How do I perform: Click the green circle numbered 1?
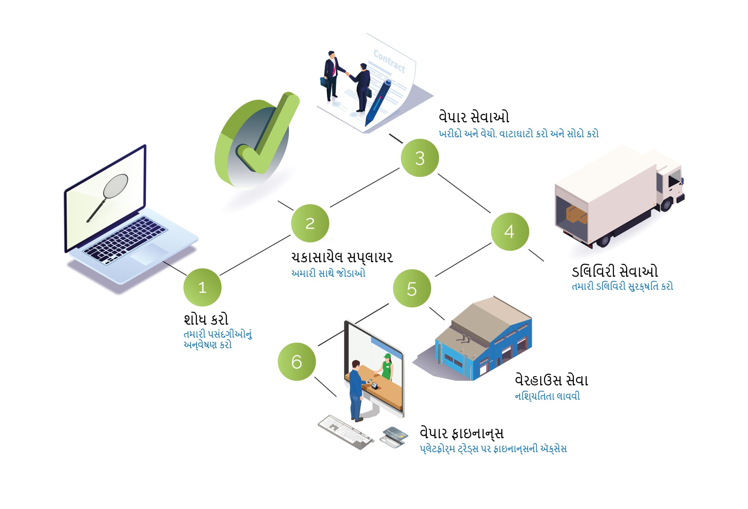coord(202,287)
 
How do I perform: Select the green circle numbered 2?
coord(310,223)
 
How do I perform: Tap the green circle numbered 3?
coord(420,158)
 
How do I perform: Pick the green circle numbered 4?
coord(510,232)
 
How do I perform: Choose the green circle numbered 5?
coord(412,289)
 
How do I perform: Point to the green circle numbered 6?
coord(297,362)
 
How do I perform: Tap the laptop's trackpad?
coord(149,253)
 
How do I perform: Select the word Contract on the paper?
coord(389,61)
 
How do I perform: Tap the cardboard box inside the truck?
coord(576,214)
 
